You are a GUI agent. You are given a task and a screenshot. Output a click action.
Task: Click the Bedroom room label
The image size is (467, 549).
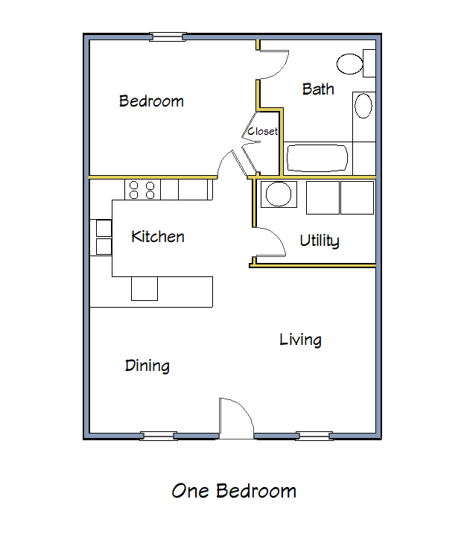(x=151, y=101)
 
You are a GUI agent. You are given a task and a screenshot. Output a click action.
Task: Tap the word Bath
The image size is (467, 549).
(x=318, y=89)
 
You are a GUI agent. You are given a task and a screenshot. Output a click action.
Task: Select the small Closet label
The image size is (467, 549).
(x=262, y=131)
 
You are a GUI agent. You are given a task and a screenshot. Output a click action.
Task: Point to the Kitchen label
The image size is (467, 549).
(x=157, y=237)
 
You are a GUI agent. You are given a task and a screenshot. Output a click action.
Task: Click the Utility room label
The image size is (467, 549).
(x=320, y=241)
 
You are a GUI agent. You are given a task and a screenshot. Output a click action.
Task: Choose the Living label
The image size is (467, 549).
(x=300, y=340)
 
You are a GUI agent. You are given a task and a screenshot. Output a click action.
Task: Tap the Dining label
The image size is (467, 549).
(x=147, y=366)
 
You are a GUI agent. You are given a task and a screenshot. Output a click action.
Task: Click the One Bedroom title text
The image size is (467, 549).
(x=234, y=491)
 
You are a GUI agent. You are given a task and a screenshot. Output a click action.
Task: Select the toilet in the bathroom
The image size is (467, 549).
(x=354, y=63)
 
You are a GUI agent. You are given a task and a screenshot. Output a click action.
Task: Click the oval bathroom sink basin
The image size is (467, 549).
(x=363, y=106)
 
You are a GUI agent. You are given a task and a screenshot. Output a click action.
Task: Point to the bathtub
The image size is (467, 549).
(x=317, y=158)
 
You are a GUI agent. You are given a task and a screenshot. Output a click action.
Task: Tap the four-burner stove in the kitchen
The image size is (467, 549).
(x=142, y=189)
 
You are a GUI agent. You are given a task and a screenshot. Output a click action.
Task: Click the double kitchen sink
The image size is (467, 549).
(x=103, y=237)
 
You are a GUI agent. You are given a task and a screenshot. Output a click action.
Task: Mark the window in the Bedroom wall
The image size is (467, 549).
(x=167, y=36)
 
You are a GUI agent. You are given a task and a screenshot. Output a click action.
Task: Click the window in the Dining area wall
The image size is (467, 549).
(x=159, y=436)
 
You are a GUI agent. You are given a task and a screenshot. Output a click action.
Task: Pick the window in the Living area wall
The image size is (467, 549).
(x=314, y=436)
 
